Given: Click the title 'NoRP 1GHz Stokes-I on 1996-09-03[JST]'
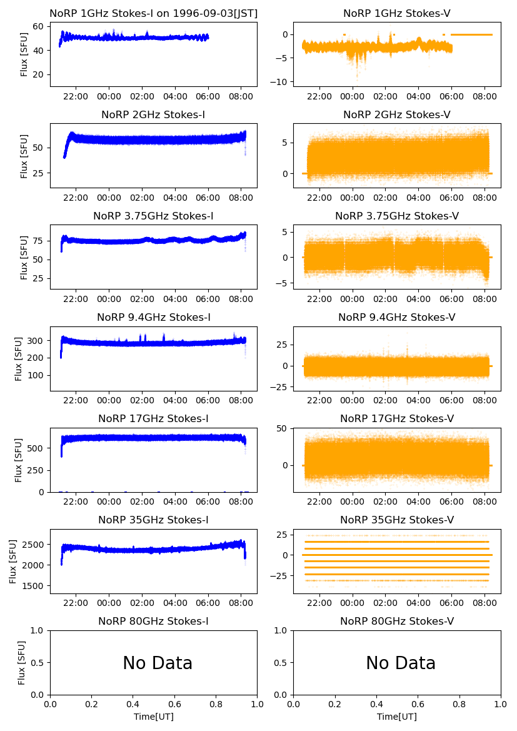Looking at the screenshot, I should tap(154, 13).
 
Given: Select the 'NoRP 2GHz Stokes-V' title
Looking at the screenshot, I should tap(397, 114).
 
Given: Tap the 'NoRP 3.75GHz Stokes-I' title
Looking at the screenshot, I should tap(154, 216).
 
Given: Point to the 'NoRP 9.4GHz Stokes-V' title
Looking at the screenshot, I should tap(397, 317).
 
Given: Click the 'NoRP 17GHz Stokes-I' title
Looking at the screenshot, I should tap(154, 418).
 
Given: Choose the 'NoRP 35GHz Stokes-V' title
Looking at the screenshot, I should tap(397, 520).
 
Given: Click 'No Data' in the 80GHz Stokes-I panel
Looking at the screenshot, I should tap(158, 663).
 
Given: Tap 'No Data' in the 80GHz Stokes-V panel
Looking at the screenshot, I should tap(401, 663).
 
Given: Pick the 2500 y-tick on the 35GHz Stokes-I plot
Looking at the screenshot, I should tap(33, 545).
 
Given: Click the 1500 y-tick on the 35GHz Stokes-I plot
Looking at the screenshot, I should tap(33, 586).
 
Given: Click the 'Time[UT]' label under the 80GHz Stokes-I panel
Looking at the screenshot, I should tap(154, 717).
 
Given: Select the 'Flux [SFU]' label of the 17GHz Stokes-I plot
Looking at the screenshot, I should tap(19, 460).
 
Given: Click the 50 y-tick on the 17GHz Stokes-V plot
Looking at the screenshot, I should tap(283, 428).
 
